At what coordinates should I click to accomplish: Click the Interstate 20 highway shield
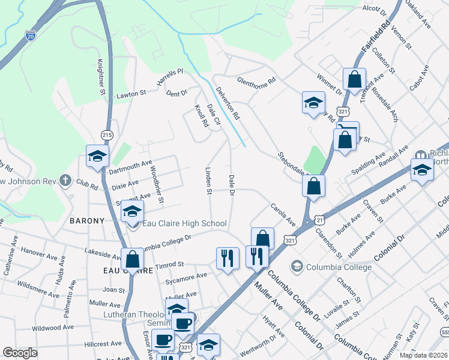click(31, 36)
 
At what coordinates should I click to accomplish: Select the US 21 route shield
click(319, 221)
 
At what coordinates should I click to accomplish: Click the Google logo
click(20, 353)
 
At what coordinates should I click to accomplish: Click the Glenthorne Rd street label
click(256, 80)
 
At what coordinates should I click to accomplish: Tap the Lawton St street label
click(131, 94)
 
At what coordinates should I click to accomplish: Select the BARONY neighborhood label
click(87, 221)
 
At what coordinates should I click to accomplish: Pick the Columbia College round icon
click(296, 265)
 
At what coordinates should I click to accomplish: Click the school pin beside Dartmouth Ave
click(97, 157)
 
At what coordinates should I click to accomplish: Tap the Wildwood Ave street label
click(52, 328)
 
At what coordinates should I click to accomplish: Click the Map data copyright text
click(423, 355)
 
